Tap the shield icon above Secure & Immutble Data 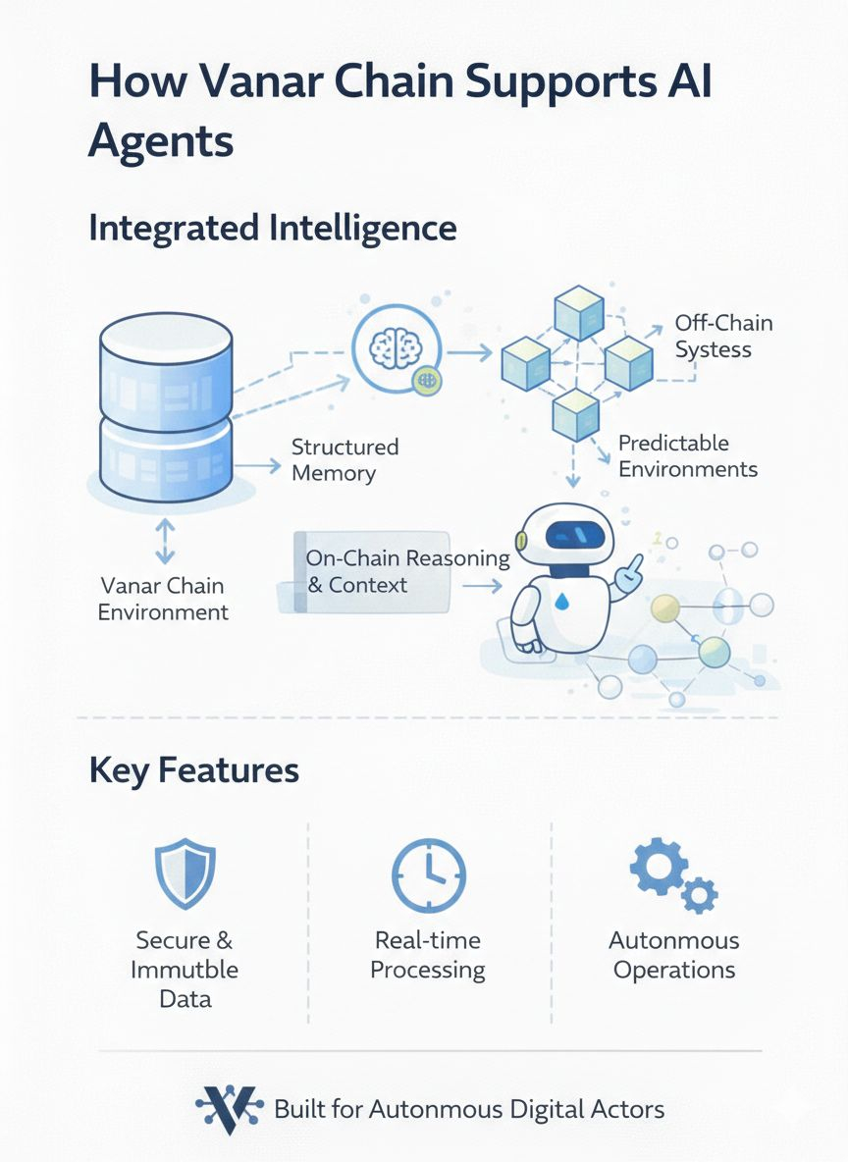[x=185, y=873]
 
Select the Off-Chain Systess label [x=723, y=336]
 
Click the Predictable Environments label [x=687, y=455]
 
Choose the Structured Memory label [x=344, y=459]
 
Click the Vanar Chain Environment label [x=164, y=599]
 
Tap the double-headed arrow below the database [x=165, y=541]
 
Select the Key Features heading [x=193, y=769]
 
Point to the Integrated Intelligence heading [x=272, y=228]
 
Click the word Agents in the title [x=160, y=142]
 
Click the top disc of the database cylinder [x=166, y=339]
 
